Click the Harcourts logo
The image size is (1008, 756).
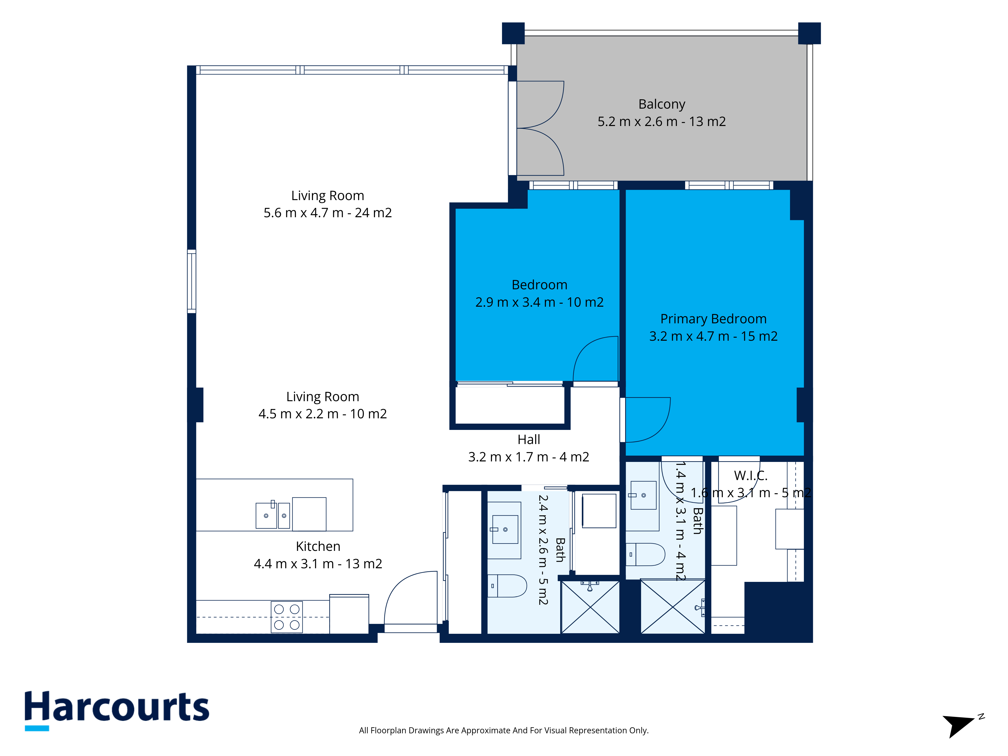[117, 710]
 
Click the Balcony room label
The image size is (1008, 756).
[662, 104]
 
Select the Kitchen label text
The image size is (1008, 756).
[318, 546]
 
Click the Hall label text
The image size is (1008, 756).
[529, 440]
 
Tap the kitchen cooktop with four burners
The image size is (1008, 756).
[287, 617]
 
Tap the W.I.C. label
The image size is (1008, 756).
[750, 476]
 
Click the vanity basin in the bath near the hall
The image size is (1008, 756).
[505, 529]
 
